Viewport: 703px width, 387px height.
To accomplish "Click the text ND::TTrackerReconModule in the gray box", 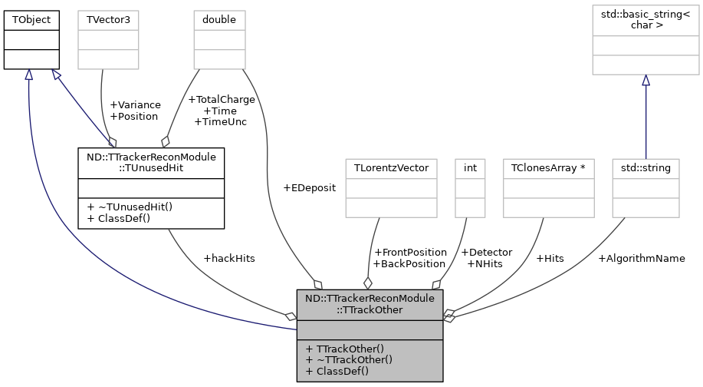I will pyautogui.click(x=370, y=298).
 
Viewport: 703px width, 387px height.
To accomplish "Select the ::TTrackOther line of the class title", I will pyautogui.click(x=370, y=310).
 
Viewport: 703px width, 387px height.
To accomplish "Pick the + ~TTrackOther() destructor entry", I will pyautogui.click(x=349, y=359).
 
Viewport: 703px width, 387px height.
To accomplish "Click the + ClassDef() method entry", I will pyautogui.click(x=337, y=372).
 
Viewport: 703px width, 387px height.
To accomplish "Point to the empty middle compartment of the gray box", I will pyautogui.click(x=370, y=330).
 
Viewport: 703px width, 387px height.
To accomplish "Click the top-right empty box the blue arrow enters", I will pyautogui.click(x=646, y=39).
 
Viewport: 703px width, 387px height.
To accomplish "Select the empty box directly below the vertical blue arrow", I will pyautogui.click(x=646, y=187).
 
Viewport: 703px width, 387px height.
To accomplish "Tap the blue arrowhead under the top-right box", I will pyautogui.click(x=646, y=81).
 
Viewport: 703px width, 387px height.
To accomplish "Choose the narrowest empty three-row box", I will pyautogui.click(x=470, y=187).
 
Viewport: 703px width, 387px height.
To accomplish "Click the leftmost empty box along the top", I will pyautogui.click(x=109, y=40).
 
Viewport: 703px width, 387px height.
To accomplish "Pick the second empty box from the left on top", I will pyautogui.click(x=219, y=40).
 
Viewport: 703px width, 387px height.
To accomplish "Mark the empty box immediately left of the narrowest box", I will pyautogui.click(x=391, y=187).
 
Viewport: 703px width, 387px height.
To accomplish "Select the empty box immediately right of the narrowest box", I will pyautogui.click(x=549, y=187).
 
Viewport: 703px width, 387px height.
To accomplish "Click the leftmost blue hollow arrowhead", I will pyautogui.click(x=28, y=74).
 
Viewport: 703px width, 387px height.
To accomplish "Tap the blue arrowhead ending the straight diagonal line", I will pyautogui.click(x=56, y=74).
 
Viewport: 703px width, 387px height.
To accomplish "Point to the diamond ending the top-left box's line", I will pyautogui.click(x=112, y=143).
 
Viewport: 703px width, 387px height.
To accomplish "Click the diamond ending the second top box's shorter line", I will pyautogui.click(x=164, y=141).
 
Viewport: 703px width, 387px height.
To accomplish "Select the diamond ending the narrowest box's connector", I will pyautogui.click(x=436, y=284).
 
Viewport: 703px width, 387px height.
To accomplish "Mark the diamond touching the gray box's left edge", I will pyautogui.click(x=291, y=316).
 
